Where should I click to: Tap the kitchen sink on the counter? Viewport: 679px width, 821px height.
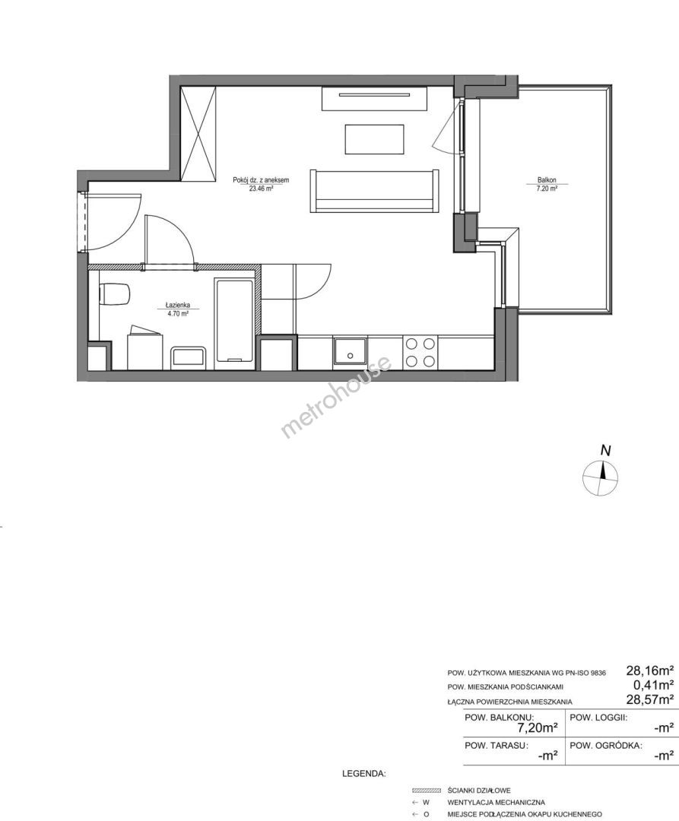[350, 350]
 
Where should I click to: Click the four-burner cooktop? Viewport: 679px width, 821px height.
[420, 352]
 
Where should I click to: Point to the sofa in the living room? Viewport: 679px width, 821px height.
[374, 191]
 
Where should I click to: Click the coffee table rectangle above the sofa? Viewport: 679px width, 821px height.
[374, 139]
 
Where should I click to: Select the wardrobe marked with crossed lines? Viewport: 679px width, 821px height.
[198, 135]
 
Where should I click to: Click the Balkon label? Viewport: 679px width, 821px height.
[545, 179]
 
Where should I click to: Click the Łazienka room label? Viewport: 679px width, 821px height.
[177, 304]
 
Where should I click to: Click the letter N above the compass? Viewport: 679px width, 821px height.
[606, 450]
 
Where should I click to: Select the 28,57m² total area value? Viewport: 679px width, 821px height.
[650, 699]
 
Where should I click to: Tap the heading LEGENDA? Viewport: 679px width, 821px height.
[364, 773]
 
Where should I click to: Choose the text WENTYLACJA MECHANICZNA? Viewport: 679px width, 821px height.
[497, 802]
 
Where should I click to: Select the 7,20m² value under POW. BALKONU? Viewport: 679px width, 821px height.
[537, 727]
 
